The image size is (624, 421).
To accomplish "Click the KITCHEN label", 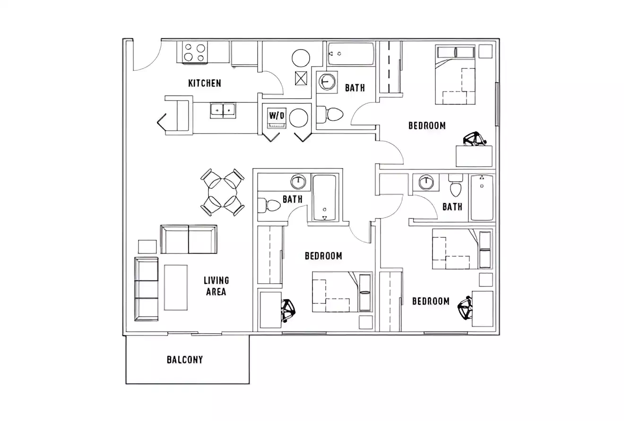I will [204, 84].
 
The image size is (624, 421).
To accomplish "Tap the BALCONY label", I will [185, 360].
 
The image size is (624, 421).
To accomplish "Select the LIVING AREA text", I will [216, 286].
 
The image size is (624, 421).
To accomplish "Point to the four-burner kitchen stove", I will [195, 52].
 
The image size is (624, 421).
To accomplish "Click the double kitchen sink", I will [223, 110].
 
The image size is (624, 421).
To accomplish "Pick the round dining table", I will [223, 193].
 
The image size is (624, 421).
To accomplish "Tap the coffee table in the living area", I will [175, 287].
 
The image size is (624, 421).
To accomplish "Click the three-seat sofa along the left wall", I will [147, 289].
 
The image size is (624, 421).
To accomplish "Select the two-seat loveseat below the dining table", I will [189, 239].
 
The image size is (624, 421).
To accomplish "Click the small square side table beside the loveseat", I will [147, 247].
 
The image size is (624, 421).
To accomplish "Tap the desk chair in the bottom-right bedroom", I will [465, 308].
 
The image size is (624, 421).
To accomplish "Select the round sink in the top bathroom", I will [326, 82].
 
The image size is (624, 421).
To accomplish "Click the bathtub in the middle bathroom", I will [324, 198].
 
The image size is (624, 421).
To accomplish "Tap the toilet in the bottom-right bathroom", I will [456, 187].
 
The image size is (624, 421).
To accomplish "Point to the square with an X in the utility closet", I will [301, 78].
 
